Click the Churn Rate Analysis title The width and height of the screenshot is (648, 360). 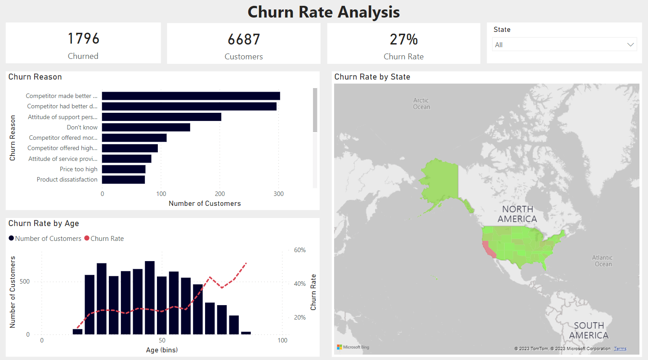(323, 12)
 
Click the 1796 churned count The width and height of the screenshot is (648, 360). (83, 39)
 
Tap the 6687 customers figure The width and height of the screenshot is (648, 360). (244, 40)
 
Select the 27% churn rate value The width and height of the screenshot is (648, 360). (403, 40)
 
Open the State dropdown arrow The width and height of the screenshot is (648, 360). (631, 45)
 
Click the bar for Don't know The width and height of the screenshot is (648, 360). (146, 127)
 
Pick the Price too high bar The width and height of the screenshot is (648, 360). (124, 169)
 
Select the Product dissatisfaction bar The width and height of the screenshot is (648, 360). (123, 179)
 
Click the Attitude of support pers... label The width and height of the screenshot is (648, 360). (63, 117)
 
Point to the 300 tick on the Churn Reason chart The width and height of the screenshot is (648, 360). (279, 194)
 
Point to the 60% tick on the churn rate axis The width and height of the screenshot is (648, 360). (300, 250)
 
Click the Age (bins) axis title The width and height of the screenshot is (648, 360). (162, 350)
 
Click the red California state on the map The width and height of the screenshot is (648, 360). (488, 250)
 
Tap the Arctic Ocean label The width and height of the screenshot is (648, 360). (421, 103)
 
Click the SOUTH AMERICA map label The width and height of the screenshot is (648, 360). (589, 330)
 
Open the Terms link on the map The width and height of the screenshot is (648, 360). (620, 349)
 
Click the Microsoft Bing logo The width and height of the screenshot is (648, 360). (353, 347)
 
